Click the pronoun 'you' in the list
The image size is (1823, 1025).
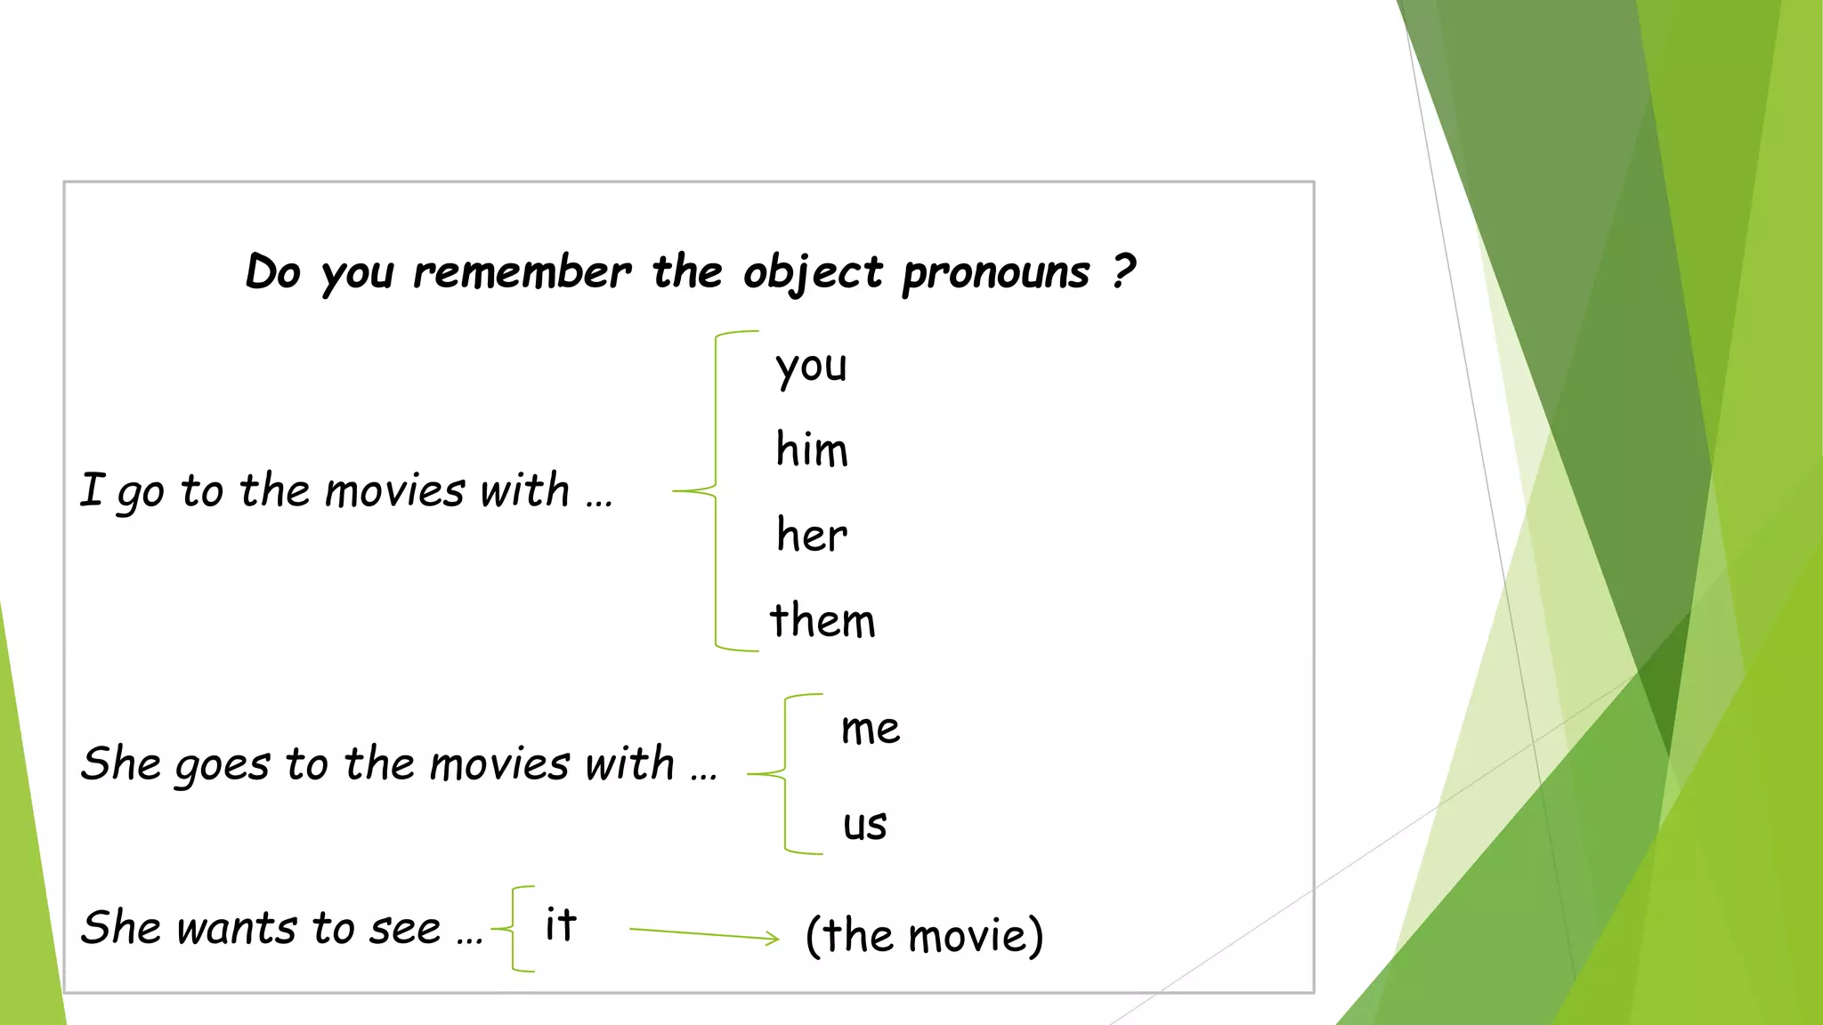coord(811,367)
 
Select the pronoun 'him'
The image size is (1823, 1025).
coord(811,449)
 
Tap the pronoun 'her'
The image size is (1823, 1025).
coord(811,535)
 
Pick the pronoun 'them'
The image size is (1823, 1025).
coord(822,620)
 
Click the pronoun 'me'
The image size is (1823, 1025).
coord(870,729)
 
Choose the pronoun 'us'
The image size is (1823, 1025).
coord(864,824)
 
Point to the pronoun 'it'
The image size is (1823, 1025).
coord(561,924)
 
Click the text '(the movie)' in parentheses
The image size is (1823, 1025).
coord(924,935)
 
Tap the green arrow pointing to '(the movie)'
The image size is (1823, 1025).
coord(703,934)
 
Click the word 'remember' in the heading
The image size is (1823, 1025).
coord(523,272)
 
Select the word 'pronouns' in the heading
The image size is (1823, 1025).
coord(996,272)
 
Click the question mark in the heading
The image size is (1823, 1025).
coord(1124,270)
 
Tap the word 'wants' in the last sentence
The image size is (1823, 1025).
coord(237,928)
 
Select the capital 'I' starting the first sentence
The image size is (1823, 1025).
coord(92,490)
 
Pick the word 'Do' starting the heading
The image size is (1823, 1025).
coord(273,271)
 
